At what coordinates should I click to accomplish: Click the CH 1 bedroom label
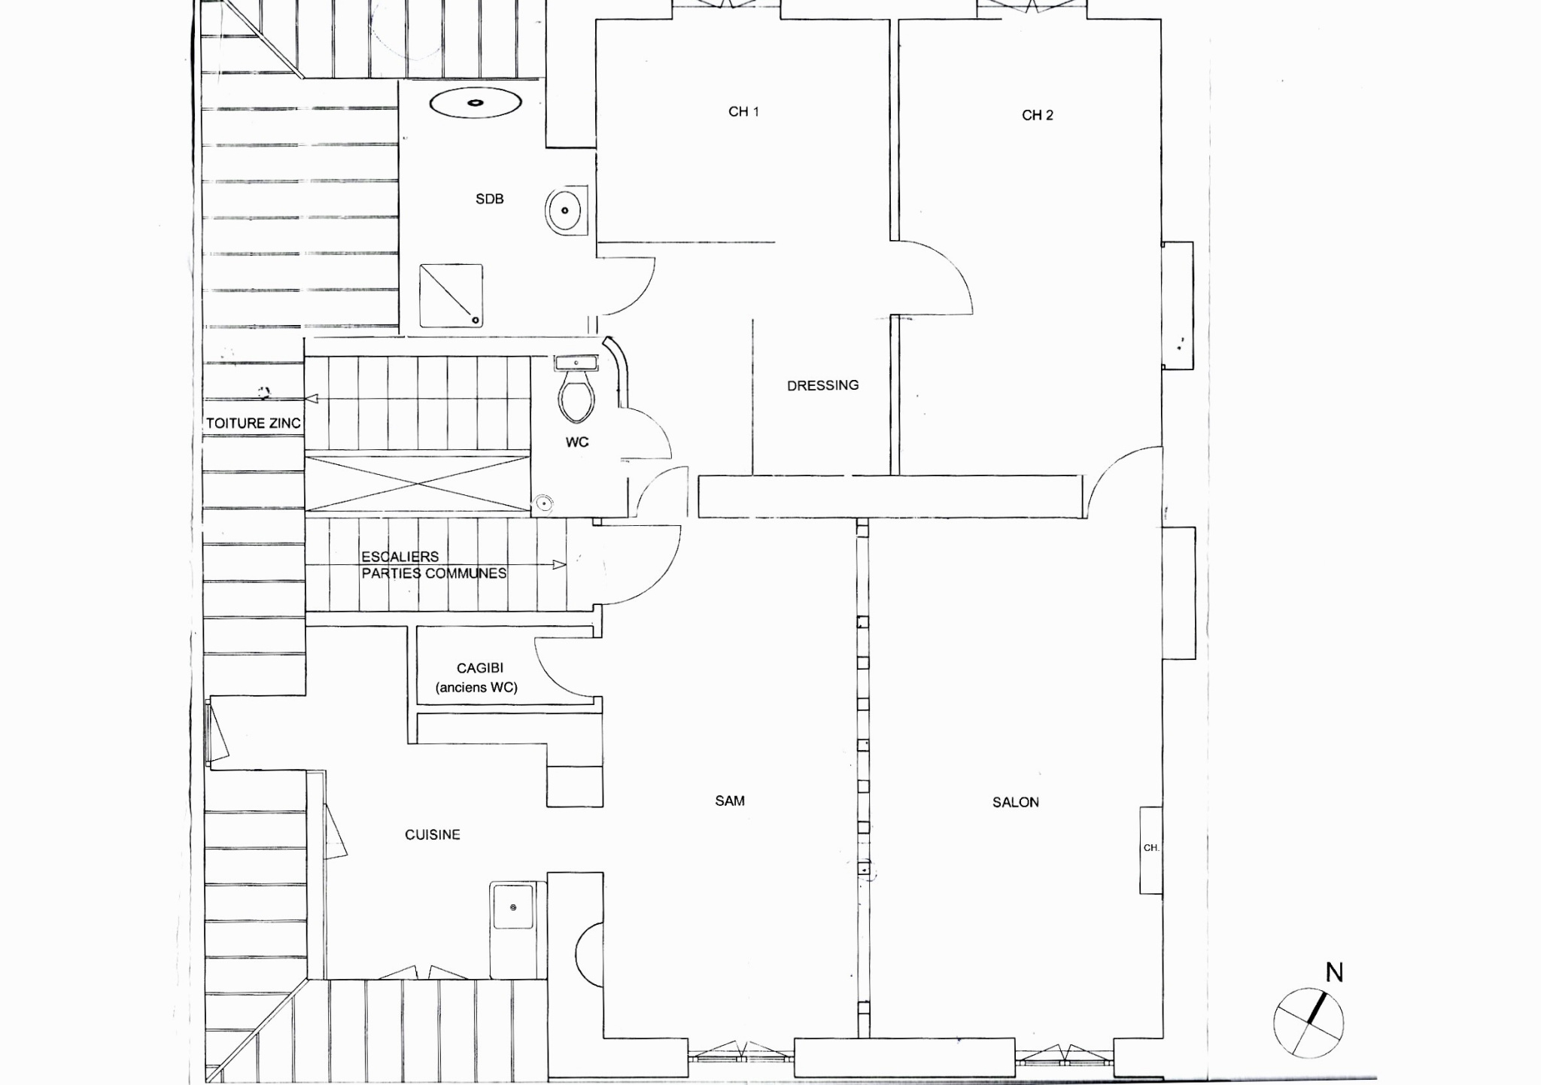pyautogui.click(x=743, y=111)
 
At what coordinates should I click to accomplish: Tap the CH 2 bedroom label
pyautogui.click(x=1037, y=115)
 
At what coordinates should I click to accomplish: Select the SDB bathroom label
pyautogui.click(x=489, y=199)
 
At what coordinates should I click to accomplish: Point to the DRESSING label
pyautogui.click(x=822, y=385)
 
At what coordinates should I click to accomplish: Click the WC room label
pyautogui.click(x=577, y=442)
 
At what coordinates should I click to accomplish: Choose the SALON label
pyautogui.click(x=1015, y=802)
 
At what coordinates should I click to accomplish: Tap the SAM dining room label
pyautogui.click(x=730, y=801)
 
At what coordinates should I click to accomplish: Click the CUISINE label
pyautogui.click(x=432, y=834)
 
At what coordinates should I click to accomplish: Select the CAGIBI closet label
pyautogui.click(x=480, y=668)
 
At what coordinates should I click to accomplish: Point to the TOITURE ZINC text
pyautogui.click(x=253, y=424)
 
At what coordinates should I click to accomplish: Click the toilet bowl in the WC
pyautogui.click(x=577, y=399)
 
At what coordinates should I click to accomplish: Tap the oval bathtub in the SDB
pyautogui.click(x=476, y=103)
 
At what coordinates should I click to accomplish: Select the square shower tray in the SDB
pyautogui.click(x=451, y=296)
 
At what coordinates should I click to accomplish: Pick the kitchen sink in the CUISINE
pyautogui.click(x=512, y=907)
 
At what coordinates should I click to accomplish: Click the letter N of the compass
pyautogui.click(x=1334, y=973)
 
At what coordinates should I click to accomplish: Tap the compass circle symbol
pyautogui.click(x=1308, y=1023)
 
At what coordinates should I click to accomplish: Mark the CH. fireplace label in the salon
pyautogui.click(x=1150, y=848)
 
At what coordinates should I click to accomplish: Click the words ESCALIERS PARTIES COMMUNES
pyautogui.click(x=433, y=565)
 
